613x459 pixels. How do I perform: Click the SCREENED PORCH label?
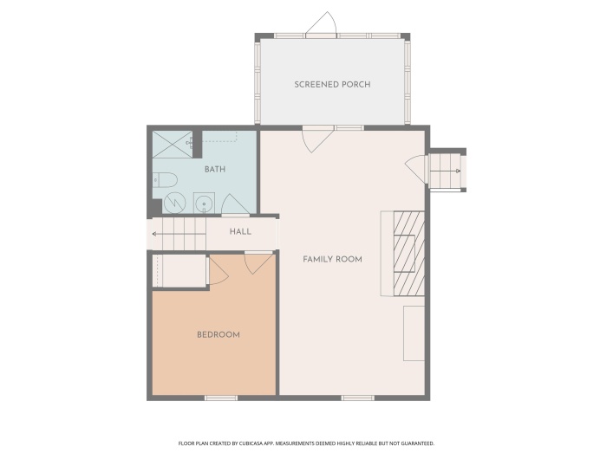(332, 84)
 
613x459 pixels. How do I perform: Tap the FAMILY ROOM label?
(332, 259)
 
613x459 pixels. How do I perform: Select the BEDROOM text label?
(218, 334)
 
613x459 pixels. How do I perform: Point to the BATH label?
(215, 169)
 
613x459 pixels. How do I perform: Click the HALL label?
(240, 231)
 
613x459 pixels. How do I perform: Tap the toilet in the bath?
(165, 179)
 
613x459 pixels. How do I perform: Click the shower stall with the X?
(173, 145)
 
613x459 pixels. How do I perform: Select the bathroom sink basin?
(204, 203)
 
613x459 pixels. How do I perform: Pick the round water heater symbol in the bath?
(174, 203)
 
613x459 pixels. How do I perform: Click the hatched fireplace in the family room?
(409, 254)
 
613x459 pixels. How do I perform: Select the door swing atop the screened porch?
(322, 23)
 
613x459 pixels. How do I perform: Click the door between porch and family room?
(317, 139)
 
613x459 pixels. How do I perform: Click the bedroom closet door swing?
(218, 269)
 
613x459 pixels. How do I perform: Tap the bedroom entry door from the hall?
(258, 263)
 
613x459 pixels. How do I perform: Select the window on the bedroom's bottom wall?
(221, 398)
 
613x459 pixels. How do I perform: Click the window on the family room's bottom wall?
(358, 398)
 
